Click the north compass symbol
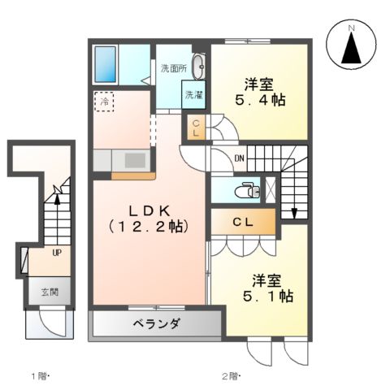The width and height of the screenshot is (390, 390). pyautogui.click(x=351, y=47)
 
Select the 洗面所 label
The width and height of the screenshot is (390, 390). pyautogui.click(x=173, y=68)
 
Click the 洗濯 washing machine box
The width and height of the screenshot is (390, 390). pyautogui.click(x=193, y=95)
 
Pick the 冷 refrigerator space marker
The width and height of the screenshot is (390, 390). pyautogui.click(x=105, y=101)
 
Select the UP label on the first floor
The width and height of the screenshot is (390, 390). pyautogui.click(x=56, y=253)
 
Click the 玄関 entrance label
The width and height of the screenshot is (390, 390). pyautogui.click(x=50, y=292)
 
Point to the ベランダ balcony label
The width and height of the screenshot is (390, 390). pyautogui.click(x=157, y=324)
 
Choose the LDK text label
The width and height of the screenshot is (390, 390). pyautogui.click(x=147, y=208)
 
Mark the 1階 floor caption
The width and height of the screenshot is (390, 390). pyautogui.click(x=41, y=375)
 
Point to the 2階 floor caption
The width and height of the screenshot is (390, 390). pyautogui.click(x=232, y=375)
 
